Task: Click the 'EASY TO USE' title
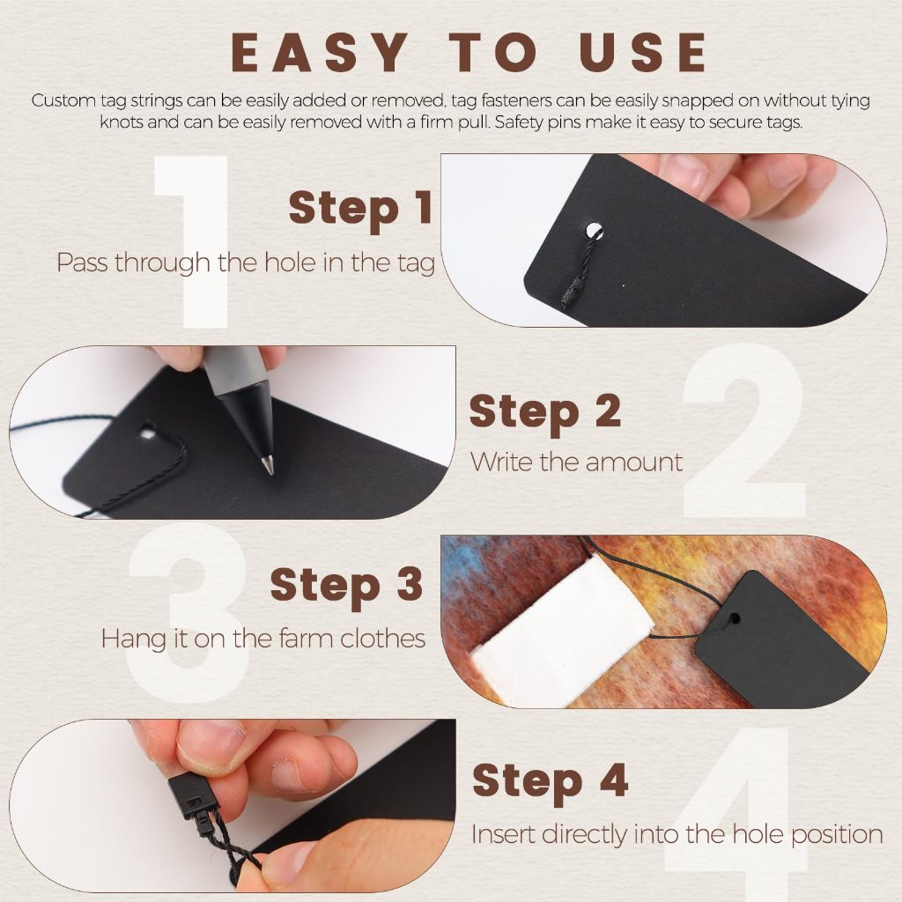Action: pos(469,52)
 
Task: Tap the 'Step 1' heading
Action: pos(360,208)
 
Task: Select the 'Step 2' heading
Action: pos(544,412)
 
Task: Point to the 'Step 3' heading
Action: pos(346,586)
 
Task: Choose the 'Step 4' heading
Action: pos(550,781)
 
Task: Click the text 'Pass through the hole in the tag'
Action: pos(246,262)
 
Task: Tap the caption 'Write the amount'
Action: pos(576,462)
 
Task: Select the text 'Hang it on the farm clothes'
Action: pos(263,639)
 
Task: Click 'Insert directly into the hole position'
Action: pos(677,835)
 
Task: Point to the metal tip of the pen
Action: pos(268,466)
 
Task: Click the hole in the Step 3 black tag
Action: pos(734,619)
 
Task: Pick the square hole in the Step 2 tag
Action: pos(147,432)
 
